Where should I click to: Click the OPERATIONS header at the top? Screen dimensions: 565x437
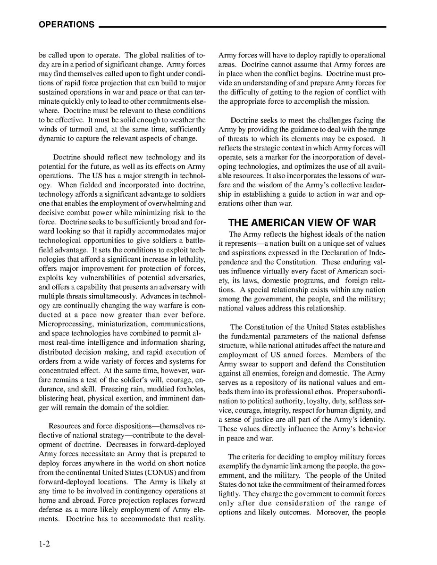(67, 25)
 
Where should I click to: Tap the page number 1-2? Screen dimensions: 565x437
(45, 544)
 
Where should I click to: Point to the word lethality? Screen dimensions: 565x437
(190, 259)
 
